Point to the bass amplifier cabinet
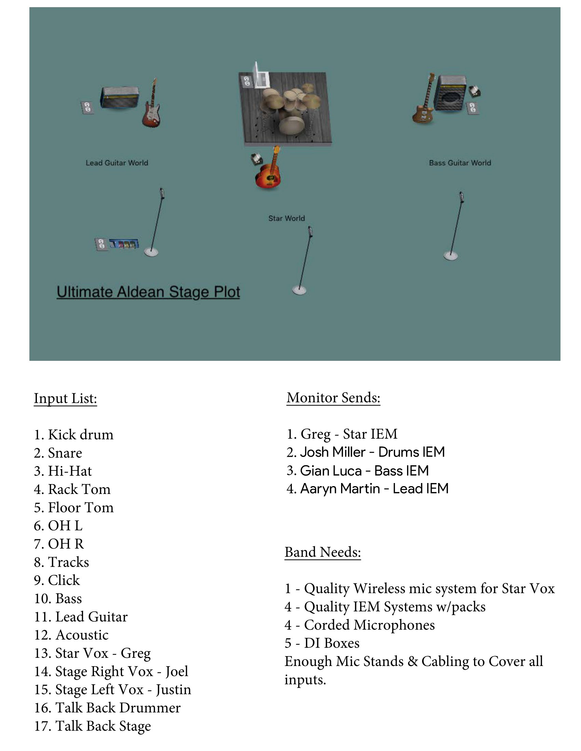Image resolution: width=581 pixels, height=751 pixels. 451,94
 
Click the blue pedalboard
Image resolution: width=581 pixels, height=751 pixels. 124,243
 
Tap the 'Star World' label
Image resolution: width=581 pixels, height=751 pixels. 286,218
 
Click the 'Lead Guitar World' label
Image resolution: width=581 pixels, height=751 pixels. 117,163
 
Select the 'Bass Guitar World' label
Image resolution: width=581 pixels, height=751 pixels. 460,163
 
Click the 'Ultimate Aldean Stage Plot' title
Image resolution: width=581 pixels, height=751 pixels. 148,292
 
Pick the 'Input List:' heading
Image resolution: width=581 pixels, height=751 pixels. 65,398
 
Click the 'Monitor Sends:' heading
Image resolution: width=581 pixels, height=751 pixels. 333,398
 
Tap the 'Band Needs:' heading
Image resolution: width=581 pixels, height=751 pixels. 323,552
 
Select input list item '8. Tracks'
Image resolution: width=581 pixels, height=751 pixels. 61,562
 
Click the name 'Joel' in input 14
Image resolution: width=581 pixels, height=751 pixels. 177,671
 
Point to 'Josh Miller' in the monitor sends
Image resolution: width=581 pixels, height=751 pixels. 333,452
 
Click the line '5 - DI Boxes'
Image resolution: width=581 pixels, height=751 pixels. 322,643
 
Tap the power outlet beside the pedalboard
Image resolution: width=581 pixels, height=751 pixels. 101,244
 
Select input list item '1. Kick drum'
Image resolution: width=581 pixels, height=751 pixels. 74,435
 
